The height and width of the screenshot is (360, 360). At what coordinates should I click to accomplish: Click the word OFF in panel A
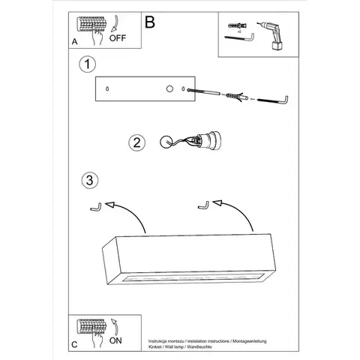point(118,38)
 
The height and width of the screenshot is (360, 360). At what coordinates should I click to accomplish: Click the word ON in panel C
point(115,340)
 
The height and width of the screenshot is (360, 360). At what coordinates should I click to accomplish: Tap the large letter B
point(150,22)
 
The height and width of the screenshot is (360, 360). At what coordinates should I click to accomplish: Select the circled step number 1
point(87,64)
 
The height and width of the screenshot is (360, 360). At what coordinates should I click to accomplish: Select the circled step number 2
point(136,142)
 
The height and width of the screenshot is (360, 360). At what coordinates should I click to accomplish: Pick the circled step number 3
point(90,180)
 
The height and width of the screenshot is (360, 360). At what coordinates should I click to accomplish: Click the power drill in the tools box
point(271,36)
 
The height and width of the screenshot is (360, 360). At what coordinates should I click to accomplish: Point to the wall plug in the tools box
point(237,25)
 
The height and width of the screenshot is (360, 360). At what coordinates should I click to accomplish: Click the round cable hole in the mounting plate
point(169,88)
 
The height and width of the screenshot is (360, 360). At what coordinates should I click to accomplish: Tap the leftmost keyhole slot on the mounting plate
point(107,88)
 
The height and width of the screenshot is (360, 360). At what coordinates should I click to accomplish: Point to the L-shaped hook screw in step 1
point(273,100)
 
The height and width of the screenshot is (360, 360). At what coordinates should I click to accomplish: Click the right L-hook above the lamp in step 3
point(204,206)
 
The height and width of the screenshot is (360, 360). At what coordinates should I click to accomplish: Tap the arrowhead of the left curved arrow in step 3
point(109,205)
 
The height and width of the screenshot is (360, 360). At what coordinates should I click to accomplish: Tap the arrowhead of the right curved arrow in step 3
point(217,202)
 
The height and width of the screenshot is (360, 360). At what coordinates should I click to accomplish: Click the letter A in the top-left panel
point(74,42)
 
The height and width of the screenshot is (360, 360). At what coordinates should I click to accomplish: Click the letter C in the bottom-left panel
point(74,345)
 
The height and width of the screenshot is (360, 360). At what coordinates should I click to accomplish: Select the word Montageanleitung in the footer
point(250,341)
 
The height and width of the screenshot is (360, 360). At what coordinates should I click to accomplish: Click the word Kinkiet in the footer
point(154,346)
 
